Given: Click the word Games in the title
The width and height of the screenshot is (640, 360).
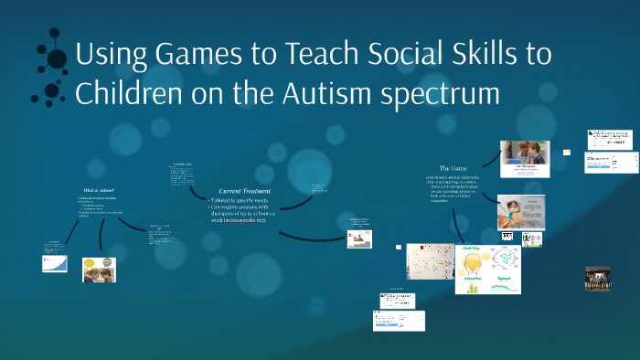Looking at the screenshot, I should coord(167,56).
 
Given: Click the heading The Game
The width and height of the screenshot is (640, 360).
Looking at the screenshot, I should coord(454,168).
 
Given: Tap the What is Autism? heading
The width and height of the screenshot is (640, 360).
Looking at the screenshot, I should coord(98,189).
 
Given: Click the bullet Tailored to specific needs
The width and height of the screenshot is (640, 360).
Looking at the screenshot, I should coord(237,199).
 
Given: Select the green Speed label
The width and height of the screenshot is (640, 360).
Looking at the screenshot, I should coord(503,277).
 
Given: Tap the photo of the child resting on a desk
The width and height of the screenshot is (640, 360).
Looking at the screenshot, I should coord(521,211).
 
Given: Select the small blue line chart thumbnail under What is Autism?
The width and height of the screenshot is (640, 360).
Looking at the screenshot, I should coord(55,264).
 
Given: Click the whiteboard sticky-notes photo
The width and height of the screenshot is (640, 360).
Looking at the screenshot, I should coord(430,261).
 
